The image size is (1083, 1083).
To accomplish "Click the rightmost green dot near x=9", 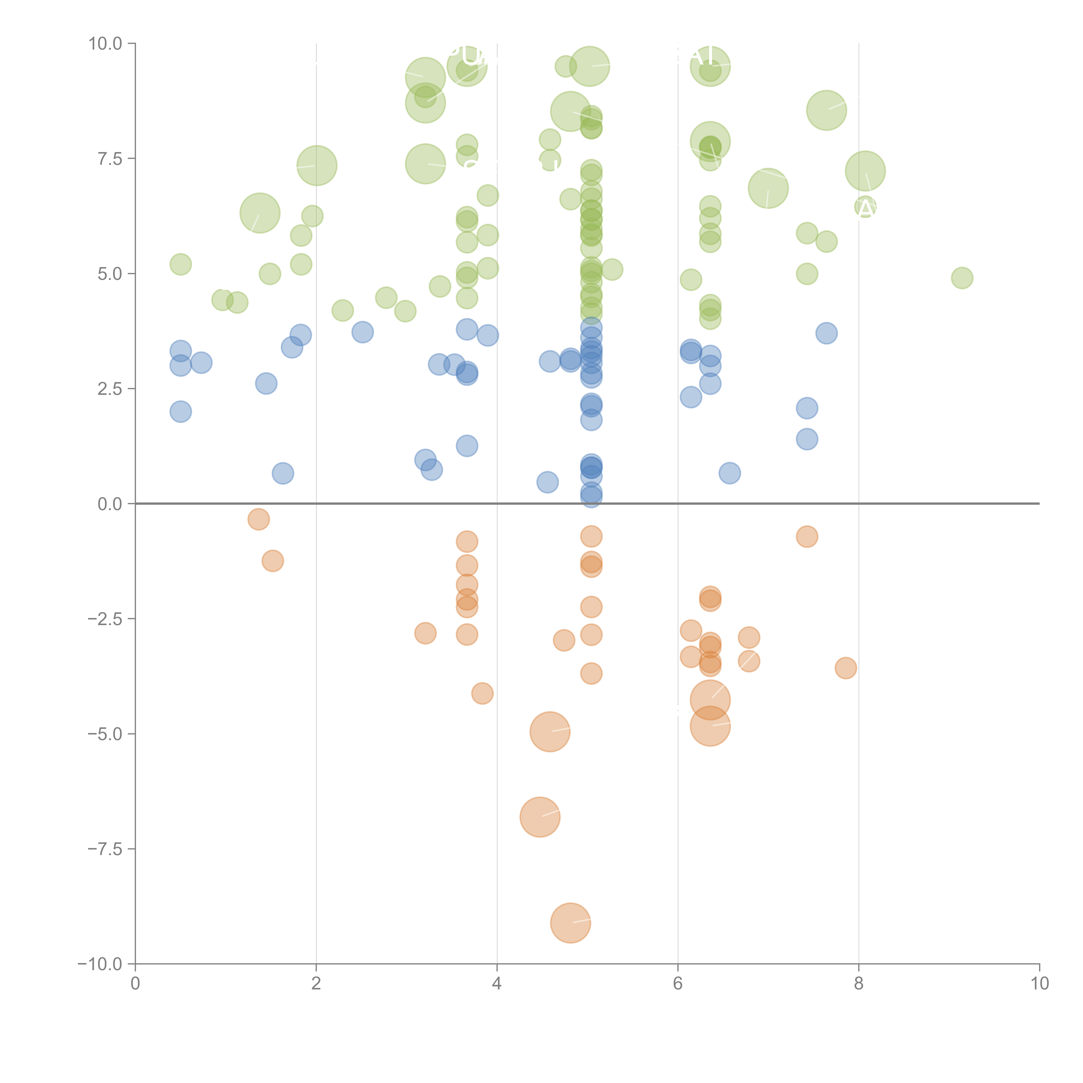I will [962, 278].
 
